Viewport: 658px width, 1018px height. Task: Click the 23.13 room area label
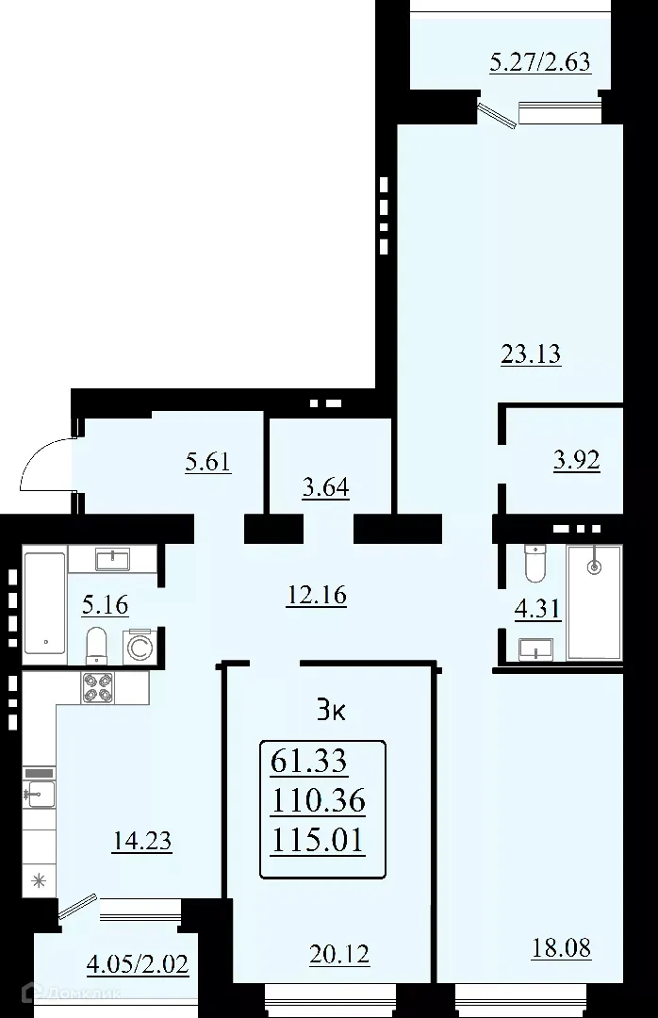(530, 354)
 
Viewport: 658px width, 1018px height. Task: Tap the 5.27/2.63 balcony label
(540, 64)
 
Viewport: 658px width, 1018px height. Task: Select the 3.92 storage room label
(576, 461)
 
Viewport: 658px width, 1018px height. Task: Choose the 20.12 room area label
(339, 955)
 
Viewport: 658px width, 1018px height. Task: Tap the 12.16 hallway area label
(316, 595)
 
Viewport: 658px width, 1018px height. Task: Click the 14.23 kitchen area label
(141, 840)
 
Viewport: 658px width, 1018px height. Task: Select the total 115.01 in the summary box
(317, 839)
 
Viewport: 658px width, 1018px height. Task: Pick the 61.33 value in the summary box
(308, 759)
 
